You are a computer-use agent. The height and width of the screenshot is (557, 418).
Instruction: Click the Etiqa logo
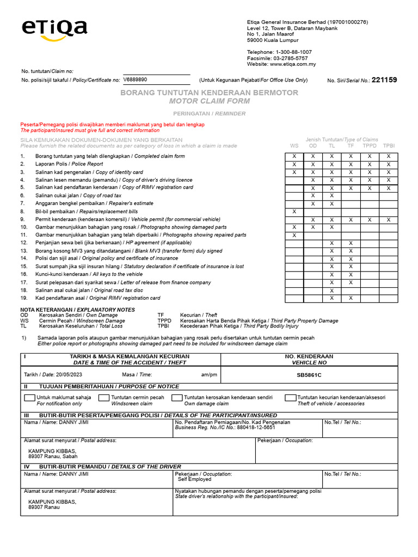click(x=54, y=29)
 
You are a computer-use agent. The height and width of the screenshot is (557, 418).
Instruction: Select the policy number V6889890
click(x=135, y=79)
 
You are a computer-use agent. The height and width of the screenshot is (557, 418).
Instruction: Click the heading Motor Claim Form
click(x=209, y=101)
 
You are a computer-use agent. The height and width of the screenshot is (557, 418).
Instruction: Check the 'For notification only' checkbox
click(x=29, y=398)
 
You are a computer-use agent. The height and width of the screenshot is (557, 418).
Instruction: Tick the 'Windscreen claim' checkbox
click(x=103, y=398)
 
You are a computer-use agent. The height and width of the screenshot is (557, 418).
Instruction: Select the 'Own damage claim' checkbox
click(x=177, y=398)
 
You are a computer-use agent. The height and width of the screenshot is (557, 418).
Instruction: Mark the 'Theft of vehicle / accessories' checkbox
click(x=290, y=398)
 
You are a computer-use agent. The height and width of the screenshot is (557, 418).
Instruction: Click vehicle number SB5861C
click(x=309, y=375)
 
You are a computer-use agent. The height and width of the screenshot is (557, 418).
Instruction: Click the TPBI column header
click(x=389, y=146)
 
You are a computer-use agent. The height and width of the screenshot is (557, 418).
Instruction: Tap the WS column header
click(x=294, y=146)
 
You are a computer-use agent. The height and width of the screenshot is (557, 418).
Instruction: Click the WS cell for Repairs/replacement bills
click(x=294, y=212)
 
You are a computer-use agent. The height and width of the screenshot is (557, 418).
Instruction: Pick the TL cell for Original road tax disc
click(x=332, y=290)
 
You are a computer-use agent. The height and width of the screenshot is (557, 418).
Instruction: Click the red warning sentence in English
click(x=90, y=131)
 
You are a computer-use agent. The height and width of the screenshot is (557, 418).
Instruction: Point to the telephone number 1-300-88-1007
click(x=296, y=52)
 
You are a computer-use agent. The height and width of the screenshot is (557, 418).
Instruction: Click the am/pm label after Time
click(x=209, y=375)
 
